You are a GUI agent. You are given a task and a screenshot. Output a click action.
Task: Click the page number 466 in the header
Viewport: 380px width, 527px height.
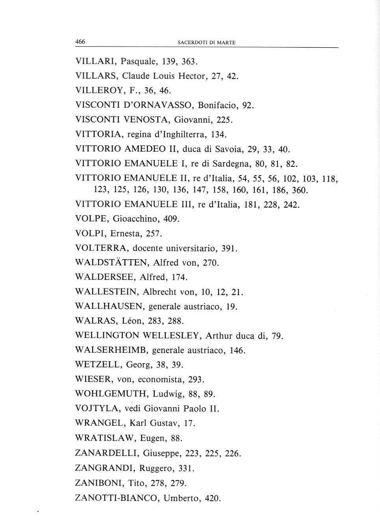[x=80, y=42]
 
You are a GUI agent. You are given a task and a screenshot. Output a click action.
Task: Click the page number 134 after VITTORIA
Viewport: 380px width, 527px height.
[x=218, y=135]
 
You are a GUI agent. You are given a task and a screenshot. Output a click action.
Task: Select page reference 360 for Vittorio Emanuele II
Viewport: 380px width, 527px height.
[x=298, y=191]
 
